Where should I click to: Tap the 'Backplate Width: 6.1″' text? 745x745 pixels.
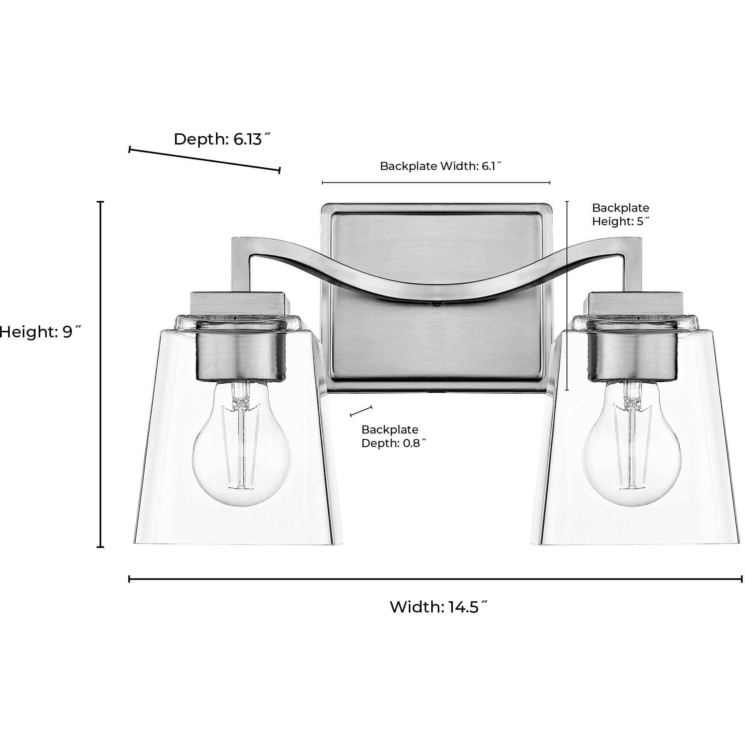[x=441, y=166]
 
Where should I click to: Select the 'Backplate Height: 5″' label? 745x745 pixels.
[x=621, y=214]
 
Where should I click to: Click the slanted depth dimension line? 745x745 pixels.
[x=204, y=160]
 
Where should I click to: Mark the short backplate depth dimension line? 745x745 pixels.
[x=361, y=411]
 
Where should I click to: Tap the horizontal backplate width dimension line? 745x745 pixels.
[x=436, y=182]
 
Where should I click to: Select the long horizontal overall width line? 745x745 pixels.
[x=435, y=579]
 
